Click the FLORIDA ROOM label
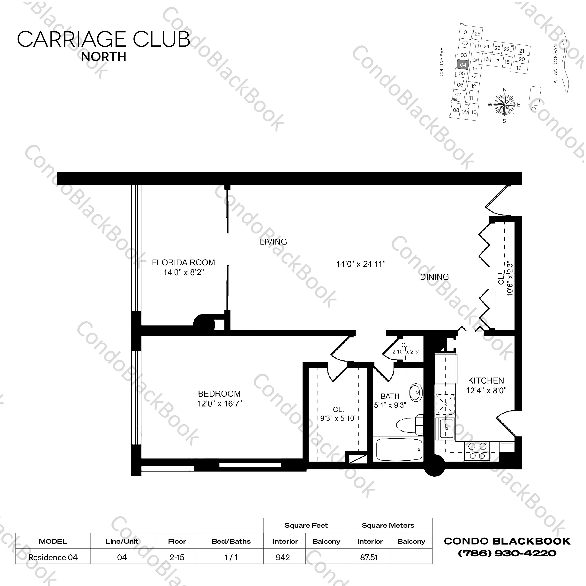[x=183, y=262]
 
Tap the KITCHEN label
[x=486, y=380]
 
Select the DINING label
[x=434, y=277]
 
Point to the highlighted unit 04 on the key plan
[x=463, y=65]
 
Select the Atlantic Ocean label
[x=555, y=64]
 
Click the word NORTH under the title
[x=104, y=57]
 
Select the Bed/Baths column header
[x=231, y=541]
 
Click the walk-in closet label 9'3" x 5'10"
[x=338, y=418]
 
